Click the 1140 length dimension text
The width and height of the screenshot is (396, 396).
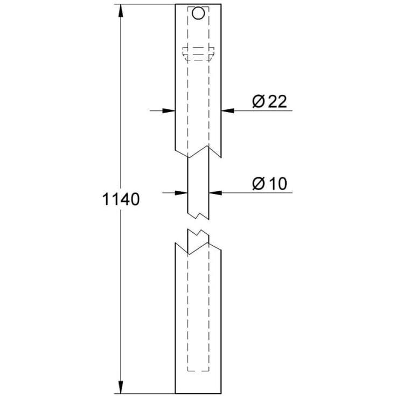coord(121,200)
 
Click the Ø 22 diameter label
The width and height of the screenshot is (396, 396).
coord(269,101)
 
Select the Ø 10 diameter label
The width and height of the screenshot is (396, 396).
coord(269,183)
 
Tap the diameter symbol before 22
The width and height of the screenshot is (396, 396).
coord(257,101)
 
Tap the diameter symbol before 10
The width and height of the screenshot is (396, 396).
coord(258,183)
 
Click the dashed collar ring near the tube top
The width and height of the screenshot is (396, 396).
coord(198,53)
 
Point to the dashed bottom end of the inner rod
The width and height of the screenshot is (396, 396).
coord(198,371)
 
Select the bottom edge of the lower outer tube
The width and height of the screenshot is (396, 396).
coord(198,392)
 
